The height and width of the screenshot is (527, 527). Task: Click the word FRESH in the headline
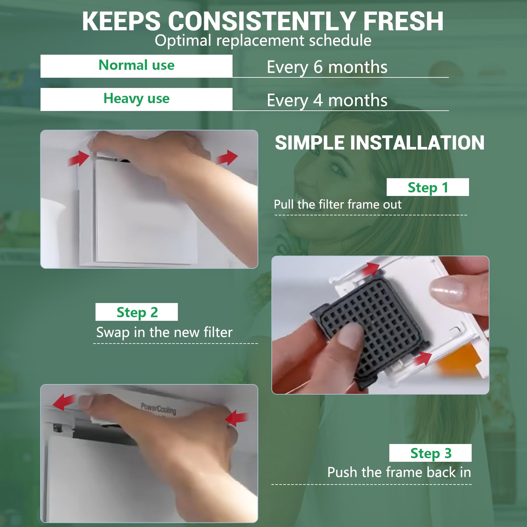click(x=403, y=21)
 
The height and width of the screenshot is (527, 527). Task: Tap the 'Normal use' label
click(x=136, y=65)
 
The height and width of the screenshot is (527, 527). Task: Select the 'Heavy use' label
click(x=136, y=98)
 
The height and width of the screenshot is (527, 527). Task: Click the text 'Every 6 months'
click(x=327, y=68)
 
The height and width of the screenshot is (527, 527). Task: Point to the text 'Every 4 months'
click(x=327, y=101)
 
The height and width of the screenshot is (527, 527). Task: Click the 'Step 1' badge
click(x=428, y=187)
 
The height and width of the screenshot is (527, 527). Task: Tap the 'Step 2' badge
click(x=137, y=312)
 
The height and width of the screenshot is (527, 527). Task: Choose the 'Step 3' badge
click(x=430, y=453)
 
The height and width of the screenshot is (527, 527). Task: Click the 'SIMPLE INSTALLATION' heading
click(x=379, y=143)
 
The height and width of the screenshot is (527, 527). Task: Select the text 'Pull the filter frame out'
click(x=338, y=205)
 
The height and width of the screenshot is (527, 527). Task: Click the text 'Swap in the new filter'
click(x=164, y=332)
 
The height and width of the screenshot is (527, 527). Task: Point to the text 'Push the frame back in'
click(x=399, y=472)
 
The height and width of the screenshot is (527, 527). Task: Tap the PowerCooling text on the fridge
click(x=158, y=408)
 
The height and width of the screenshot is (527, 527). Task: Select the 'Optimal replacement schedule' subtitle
click(x=263, y=41)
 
